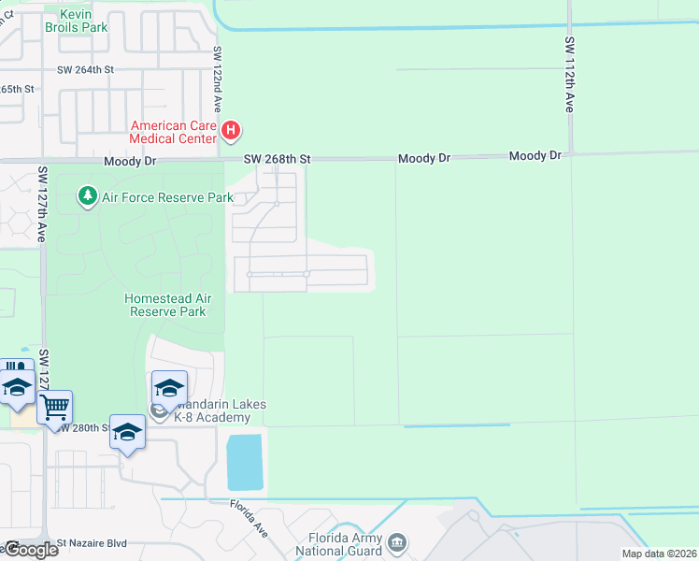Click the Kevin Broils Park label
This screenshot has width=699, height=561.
(x=82, y=21)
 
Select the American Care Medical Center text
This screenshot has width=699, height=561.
(x=174, y=132)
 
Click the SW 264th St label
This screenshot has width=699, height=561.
(x=85, y=69)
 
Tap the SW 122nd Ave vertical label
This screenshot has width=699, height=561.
(x=217, y=80)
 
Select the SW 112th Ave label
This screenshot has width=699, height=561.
(x=569, y=75)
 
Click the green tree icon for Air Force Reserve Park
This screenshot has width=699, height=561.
(x=87, y=196)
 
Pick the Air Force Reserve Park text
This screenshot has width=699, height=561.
(x=167, y=197)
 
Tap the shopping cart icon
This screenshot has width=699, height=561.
(x=55, y=407)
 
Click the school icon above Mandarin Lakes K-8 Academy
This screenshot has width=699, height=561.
(x=169, y=387)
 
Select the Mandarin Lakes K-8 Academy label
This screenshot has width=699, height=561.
(x=210, y=410)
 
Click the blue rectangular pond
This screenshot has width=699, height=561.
(x=246, y=461)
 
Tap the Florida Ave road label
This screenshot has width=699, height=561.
(x=250, y=517)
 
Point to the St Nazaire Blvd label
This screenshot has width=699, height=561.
(x=92, y=541)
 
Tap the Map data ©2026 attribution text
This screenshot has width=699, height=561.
(x=659, y=554)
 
